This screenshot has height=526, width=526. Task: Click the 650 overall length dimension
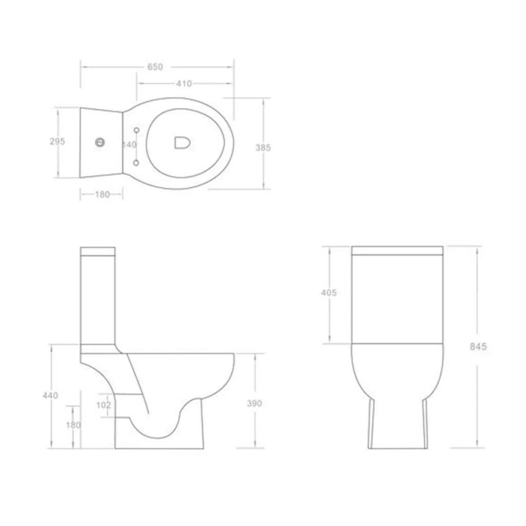[155, 67]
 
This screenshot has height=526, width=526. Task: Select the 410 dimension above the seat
[184, 84]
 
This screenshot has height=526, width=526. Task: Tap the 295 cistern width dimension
[58, 142]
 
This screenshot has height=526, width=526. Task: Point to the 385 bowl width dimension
[263, 148]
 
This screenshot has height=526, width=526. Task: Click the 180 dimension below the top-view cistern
[102, 195]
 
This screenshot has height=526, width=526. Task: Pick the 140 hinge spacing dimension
[130, 145]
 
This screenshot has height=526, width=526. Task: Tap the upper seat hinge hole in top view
[136, 130]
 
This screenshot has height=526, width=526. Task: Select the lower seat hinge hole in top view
[136, 163]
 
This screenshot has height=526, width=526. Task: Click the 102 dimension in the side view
[103, 405]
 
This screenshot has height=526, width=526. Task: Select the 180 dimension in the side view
[74, 424]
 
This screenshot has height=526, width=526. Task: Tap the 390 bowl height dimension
[254, 403]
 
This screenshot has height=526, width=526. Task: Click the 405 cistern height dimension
[328, 293]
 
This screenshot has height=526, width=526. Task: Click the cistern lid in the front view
[398, 251]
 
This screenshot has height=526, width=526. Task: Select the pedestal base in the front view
[398, 421]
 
